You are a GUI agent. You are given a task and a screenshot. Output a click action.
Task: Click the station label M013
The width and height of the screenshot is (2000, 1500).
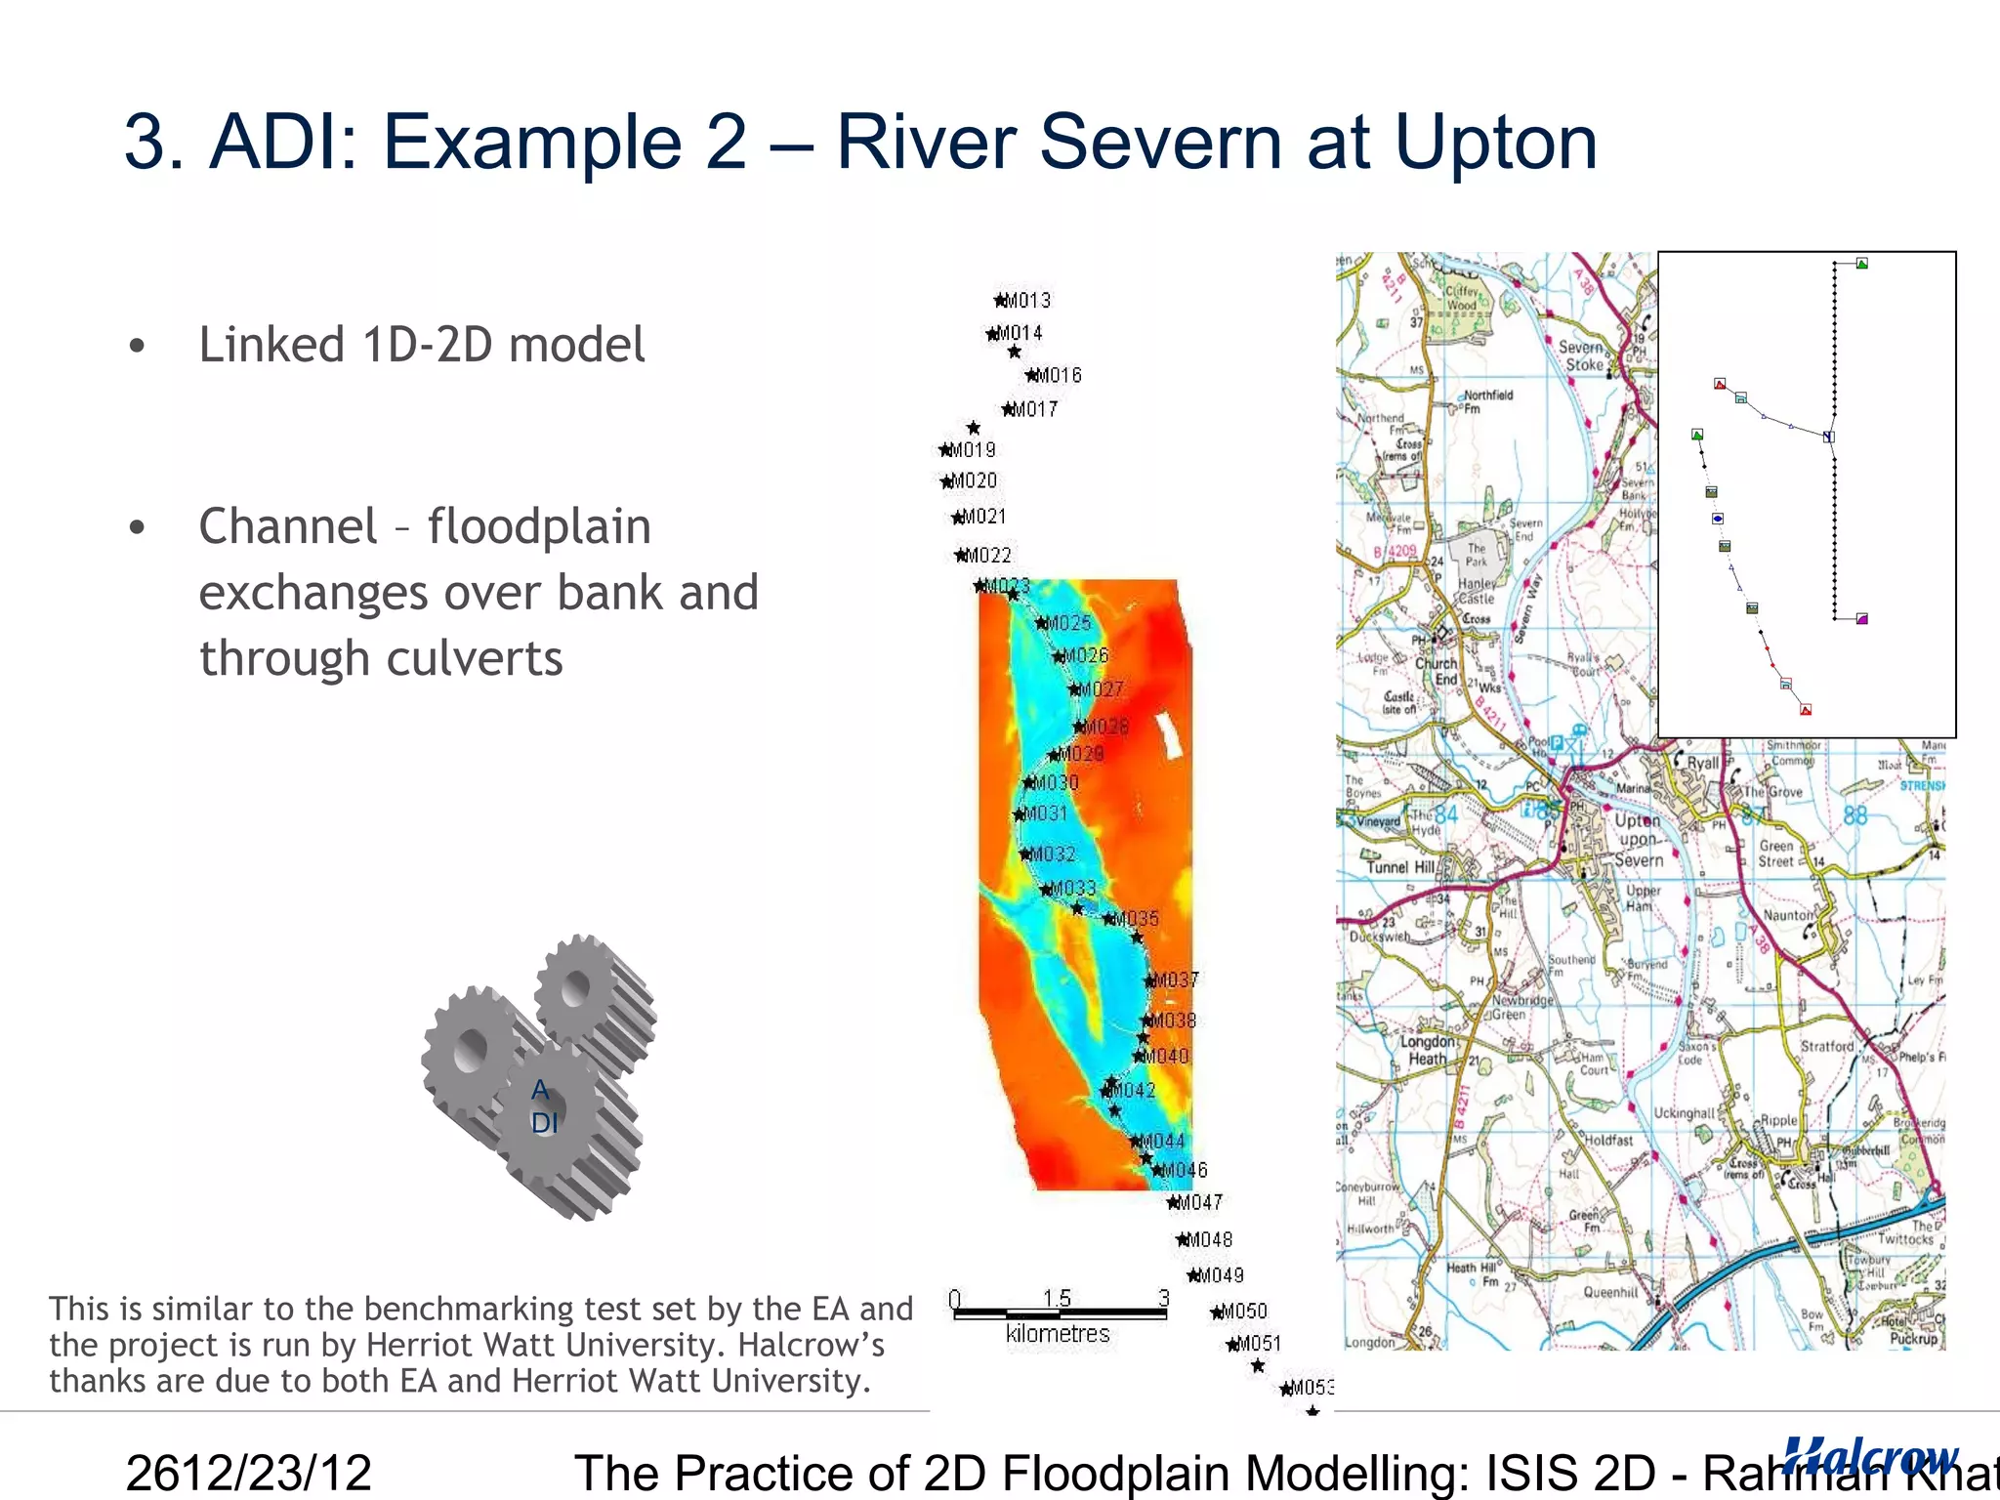click(x=1026, y=300)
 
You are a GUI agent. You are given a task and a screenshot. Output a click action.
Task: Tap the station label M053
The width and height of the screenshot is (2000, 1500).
click(x=1310, y=1388)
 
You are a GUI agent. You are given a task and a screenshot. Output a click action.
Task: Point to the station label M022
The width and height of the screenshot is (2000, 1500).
click(x=987, y=556)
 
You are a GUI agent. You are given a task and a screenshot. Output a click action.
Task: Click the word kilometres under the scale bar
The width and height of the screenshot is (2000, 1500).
click(x=1058, y=1334)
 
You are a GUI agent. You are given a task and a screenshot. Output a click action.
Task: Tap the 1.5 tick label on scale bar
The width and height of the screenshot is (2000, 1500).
click(x=1057, y=1298)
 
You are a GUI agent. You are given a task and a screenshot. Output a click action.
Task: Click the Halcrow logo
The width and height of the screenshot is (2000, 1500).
click(x=1869, y=1456)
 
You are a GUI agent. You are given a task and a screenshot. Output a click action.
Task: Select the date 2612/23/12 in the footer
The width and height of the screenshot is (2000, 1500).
click(x=249, y=1473)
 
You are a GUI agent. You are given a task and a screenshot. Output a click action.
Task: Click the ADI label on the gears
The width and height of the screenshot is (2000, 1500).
click(x=543, y=1106)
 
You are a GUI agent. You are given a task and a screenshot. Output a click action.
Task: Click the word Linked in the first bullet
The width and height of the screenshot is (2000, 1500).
click(x=271, y=345)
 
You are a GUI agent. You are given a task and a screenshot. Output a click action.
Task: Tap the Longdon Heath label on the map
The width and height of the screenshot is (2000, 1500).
click(x=1427, y=1050)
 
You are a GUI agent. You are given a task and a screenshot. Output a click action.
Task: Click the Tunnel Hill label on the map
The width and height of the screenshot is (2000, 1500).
click(x=1400, y=867)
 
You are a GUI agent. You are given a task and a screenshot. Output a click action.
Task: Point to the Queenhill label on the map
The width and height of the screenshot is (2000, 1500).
click(x=1610, y=1292)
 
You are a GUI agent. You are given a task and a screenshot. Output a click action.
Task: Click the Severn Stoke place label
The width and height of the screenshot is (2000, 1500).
click(x=1582, y=355)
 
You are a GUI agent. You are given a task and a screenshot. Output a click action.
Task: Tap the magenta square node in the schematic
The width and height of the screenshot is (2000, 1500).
click(x=1862, y=619)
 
